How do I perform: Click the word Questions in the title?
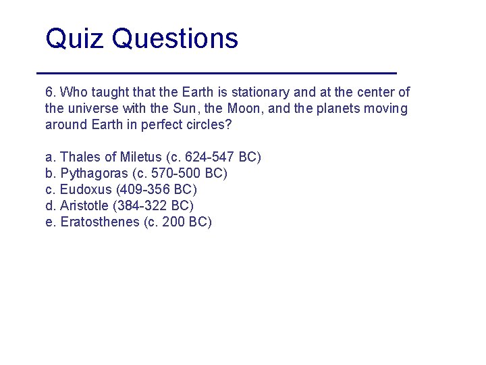coord(175,39)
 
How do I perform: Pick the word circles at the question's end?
coord(206,125)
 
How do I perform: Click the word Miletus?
coord(140,157)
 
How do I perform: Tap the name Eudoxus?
coord(85,190)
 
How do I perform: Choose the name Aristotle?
coord(84,206)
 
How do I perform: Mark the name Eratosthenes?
coord(100,222)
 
